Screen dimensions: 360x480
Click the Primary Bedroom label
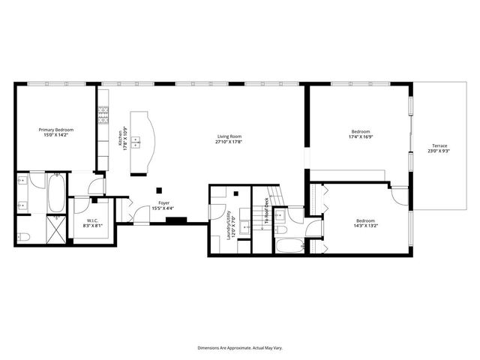[x=56, y=130]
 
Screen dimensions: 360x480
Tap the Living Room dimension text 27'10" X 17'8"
[x=229, y=141]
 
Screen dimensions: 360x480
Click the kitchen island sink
[x=136, y=140]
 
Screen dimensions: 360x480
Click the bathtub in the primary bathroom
[x=57, y=193]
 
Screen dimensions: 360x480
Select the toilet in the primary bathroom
[x=22, y=238]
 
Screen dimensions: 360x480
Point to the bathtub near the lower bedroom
[x=289, y=245]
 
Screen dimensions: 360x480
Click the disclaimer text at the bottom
[x=239, y=348]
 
